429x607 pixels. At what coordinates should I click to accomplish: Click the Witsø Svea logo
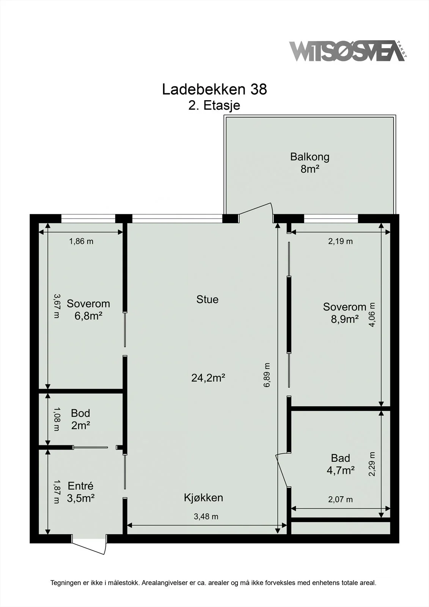point(348,51)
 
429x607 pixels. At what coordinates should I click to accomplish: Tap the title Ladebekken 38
point(214,89)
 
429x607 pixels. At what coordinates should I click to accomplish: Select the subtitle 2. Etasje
point(214,105)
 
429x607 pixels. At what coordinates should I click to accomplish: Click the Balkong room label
point(310,157)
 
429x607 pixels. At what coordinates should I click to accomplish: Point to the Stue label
point(207,299)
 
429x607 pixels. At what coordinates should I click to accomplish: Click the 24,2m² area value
point(208,378)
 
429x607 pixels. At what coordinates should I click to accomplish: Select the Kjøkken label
point(203,498)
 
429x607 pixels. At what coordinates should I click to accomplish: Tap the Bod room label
point(80,413)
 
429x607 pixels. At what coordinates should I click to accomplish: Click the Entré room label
point(80,486)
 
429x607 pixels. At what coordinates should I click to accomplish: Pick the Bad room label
point(340,458)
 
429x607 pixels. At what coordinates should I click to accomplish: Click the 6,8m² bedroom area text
point(88,316)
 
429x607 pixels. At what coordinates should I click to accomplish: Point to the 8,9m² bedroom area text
point(345,319)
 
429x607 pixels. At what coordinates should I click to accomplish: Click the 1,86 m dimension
point(81,241)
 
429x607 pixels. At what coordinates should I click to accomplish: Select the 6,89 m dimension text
point(267,375)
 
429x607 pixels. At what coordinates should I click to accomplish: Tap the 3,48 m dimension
point(206,516)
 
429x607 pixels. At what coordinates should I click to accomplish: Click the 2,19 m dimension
point(340,241)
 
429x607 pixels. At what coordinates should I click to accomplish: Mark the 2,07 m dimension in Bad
point(340,499)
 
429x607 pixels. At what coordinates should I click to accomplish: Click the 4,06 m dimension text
point(372,315)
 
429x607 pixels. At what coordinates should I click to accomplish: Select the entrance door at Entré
point(89,544)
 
